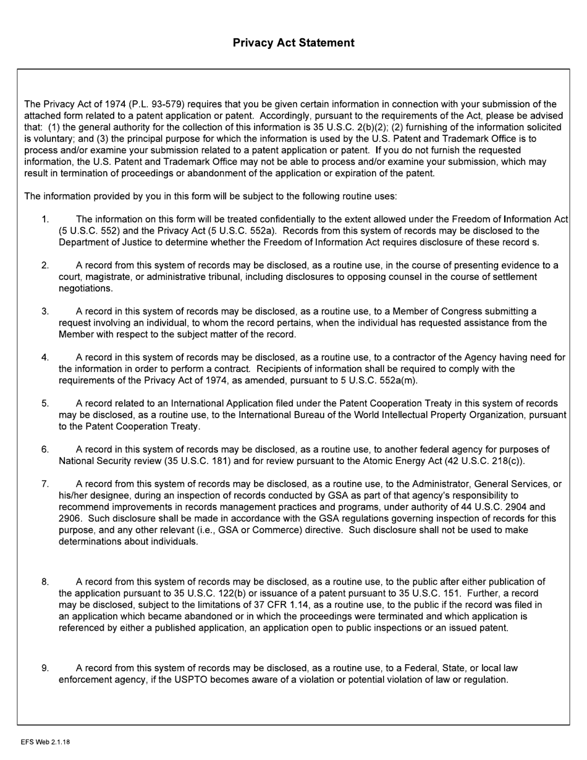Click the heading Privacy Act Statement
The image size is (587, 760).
pyautogui.click(x=293, y=43)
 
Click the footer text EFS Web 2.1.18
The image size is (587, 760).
pyautogui.click(x=45, y=742)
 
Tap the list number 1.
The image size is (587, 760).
pyautogui.click(x=45, y=219)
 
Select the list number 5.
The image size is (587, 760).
pyautogui.click(x=45, y=403)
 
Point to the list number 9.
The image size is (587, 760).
pyautogui.click(x=45, y=668)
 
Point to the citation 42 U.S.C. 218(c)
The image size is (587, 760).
pyautogui.click(x=483, y=461)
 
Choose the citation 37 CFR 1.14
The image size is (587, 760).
pyautogui.click(x=267, y=605)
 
